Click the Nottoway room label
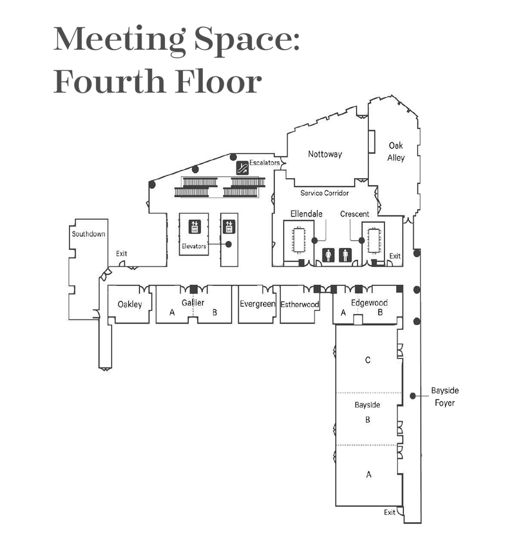pos(325,154)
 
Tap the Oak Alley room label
pos(396,152)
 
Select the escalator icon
pos(242,168)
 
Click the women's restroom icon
pos(328,255)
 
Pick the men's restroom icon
pos(345,255)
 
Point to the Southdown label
pos(89,234)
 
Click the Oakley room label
pos(129,304)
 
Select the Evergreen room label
pos(257,304)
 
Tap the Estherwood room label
pos(300,304)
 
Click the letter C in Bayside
pos(368,360)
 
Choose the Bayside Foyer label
pos(445,397)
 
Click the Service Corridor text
pos(324,193)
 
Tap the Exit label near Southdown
pos(121,253)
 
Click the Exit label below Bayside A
pos(390,512)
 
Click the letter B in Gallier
pos(215,313)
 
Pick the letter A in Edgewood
pos(343,313)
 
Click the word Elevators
pos(194,246)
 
